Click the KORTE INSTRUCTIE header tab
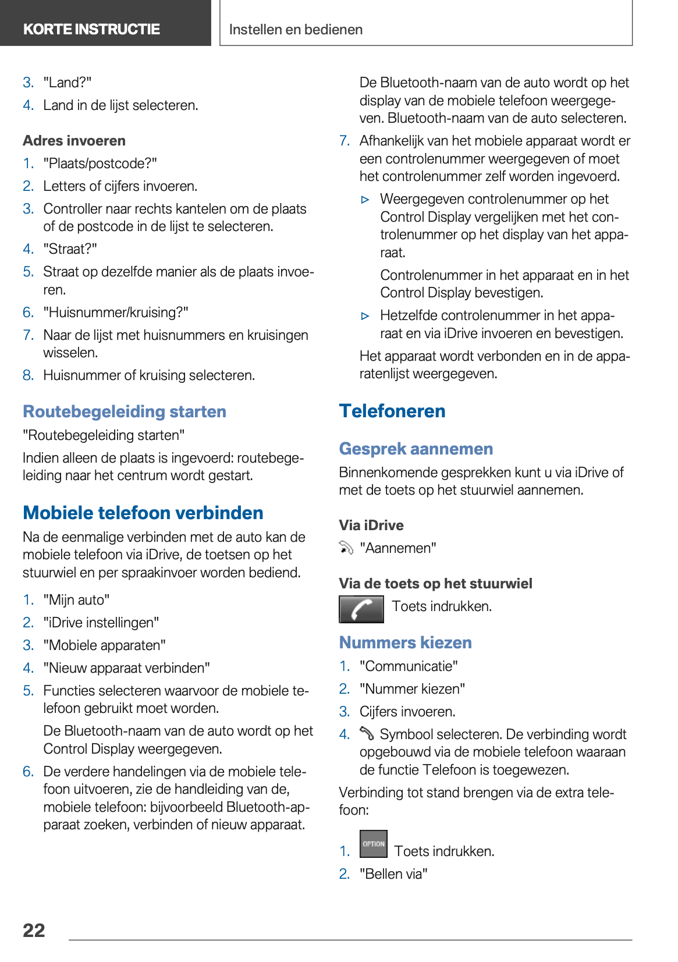pos(91,29)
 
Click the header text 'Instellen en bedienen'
pos(296,30)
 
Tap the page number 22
pos(34,930)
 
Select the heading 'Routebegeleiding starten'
pos(125,411)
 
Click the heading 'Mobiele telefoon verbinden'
pos(143,513)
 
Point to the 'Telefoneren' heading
pos(392,411)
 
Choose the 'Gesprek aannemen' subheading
pos(416,449)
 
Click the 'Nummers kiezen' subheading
pos(406,642)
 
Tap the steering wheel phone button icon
pos(361,609)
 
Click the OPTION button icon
pos(374,844)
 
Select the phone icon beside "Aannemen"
pos(346,548)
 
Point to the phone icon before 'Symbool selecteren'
pos(367,733)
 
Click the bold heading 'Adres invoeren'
pos(74,141)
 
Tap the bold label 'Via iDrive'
pos(371,526)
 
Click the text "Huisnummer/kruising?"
pos(116,313)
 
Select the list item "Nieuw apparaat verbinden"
pos(126,668)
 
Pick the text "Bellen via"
pos(393,874)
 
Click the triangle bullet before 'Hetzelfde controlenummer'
pos(365,316)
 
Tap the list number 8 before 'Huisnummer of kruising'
pos(28,375)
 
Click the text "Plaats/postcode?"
pos(100,164)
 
